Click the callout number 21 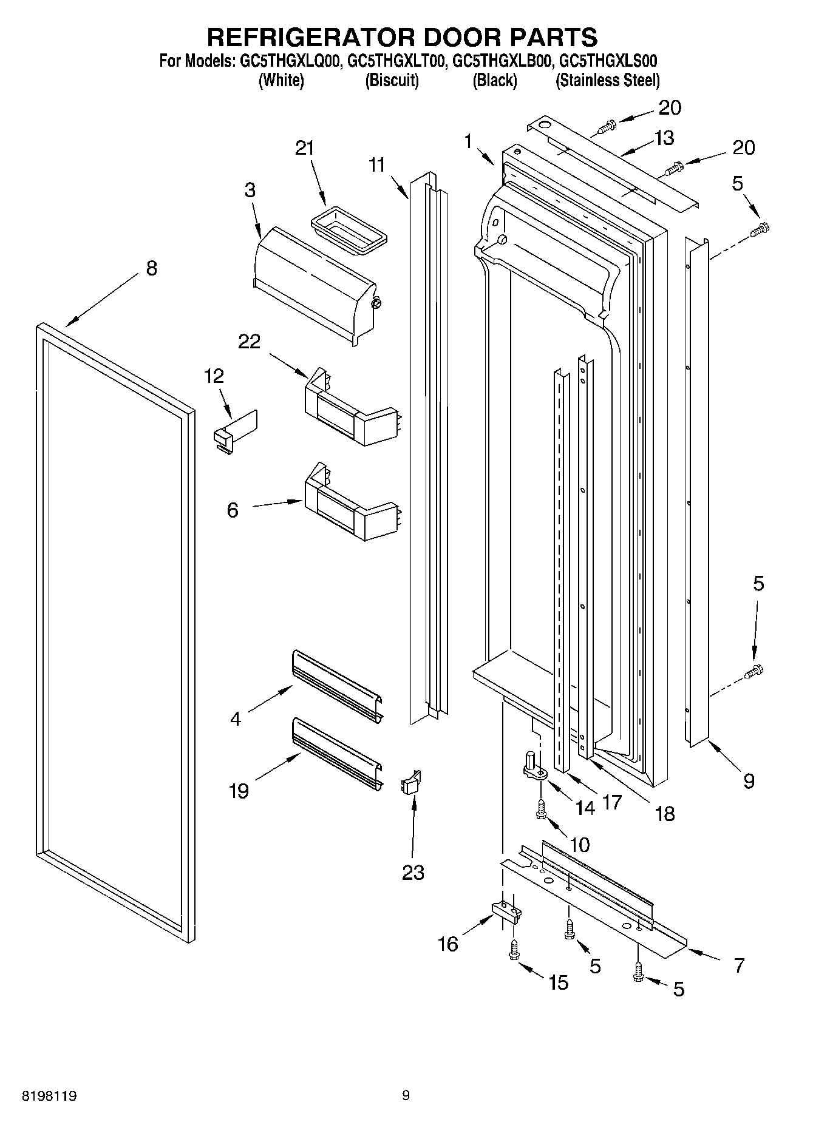[305, 149]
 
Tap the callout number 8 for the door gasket [151, 268]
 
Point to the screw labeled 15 [514, 950]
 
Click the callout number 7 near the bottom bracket [738, 965]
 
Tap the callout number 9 [749, 780]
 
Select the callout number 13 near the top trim [664, 138]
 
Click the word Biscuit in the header [392, 80]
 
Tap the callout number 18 [665, 813]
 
